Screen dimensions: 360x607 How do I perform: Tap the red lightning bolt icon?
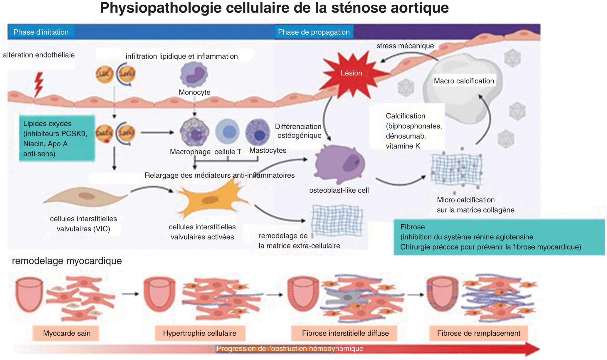coord(38,84)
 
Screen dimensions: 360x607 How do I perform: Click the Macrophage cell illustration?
coord(194,132)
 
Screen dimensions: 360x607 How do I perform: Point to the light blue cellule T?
coord(227,132)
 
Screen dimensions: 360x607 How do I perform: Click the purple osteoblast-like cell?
coord(340,164)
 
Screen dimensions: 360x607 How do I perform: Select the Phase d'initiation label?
coord(41,32)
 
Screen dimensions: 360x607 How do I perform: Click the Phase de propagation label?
coord(314,32)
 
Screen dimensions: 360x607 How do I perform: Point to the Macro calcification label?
coord(464,81)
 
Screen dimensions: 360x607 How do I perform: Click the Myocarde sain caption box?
coord(67,333)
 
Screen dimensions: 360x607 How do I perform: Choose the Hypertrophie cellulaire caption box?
coord(200,333)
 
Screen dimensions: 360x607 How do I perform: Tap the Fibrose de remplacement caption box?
coord(478,333)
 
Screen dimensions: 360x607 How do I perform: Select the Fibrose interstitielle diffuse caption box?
coord(345,333)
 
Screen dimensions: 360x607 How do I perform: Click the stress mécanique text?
coord(405,46)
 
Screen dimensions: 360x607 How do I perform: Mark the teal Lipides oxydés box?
coord(57,138)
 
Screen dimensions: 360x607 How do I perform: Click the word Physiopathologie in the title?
coord(160,8)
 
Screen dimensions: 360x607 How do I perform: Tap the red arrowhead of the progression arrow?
coord(532,349)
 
